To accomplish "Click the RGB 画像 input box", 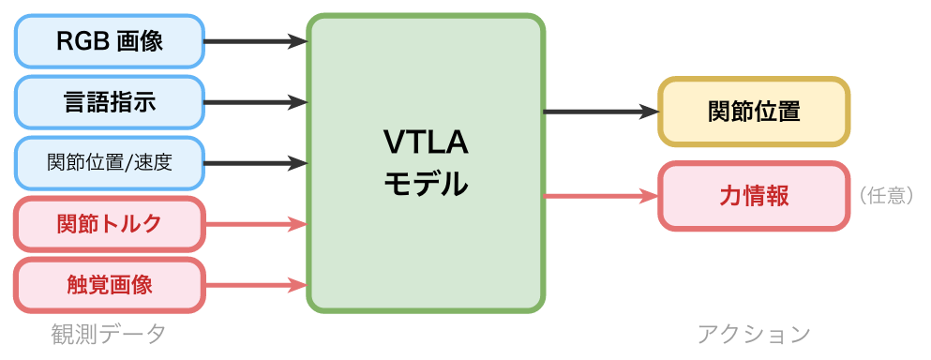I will click(110, 41).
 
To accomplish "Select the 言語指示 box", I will click(110, 102).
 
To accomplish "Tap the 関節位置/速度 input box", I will click(110, 163).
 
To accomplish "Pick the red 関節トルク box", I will click(110, 224).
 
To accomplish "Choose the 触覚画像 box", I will click(110, 285).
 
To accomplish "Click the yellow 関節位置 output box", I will click(754, 112).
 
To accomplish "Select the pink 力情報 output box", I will click(754, 196).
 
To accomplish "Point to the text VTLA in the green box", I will click(426, 142).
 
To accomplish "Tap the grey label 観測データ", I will click(109, 334).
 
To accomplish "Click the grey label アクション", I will click(754, 334).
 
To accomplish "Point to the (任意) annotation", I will click(885, 196).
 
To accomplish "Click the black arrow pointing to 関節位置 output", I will click(600, 112).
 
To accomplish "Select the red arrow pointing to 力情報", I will click(600, 196).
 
